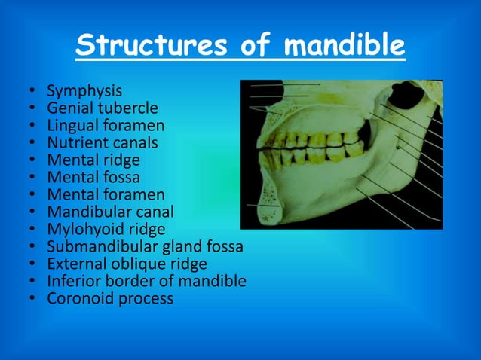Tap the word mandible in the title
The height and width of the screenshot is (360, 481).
click(343, 46)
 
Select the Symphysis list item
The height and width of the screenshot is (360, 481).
click(84, 91)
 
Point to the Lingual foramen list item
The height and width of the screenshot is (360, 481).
click(106, 126)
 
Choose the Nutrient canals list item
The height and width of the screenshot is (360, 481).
click(103, 142)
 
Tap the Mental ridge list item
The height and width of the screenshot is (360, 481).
click(93, 160)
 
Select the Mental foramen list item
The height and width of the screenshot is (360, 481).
click(106, 194)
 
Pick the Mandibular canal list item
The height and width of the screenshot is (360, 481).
click(110, 212)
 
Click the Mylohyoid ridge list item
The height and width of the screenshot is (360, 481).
click(106, 229)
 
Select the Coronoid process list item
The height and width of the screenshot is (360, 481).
click(110, 298)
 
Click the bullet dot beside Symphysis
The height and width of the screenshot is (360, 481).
click(33, 92)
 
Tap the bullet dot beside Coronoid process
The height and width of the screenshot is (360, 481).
click(33, 299)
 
